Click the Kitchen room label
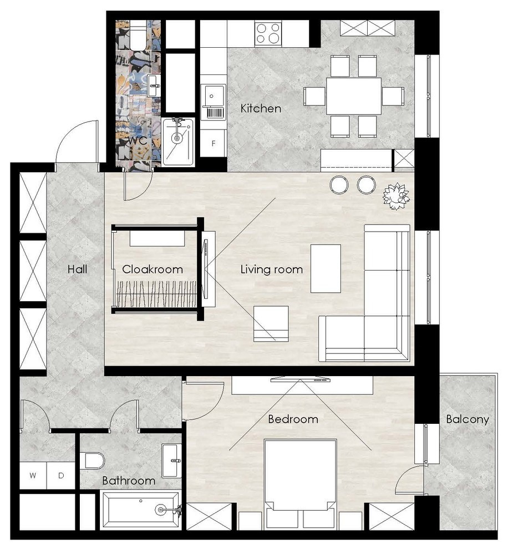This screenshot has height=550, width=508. (x=261, y=108)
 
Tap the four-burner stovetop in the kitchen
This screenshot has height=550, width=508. (x=268, y=33)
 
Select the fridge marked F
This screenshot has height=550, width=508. (x=213, y=143)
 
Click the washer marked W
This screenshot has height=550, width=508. (x=33, y=476)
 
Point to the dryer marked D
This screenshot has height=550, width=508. (x=61, y=476)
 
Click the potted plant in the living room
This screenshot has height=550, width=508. (x=397, y=197)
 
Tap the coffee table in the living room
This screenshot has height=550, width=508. (x=326, y=268)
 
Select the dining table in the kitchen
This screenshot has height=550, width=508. (x=354, y=96)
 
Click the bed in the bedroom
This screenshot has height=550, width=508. (x=300, y=484)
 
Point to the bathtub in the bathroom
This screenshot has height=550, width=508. (x=140, y=509)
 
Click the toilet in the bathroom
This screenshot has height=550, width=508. (x=93, y=461)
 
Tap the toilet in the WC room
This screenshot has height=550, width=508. (x=138, y=35)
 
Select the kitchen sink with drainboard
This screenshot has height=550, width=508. (x=213, y=102)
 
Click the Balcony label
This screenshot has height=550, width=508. (x=468, y=419)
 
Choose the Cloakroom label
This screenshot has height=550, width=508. (x=153, y=269)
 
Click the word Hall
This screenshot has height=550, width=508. (x=77, y=269)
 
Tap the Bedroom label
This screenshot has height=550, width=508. (x=293, y=419)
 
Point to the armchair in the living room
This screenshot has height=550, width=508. (x=271, y=323)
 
